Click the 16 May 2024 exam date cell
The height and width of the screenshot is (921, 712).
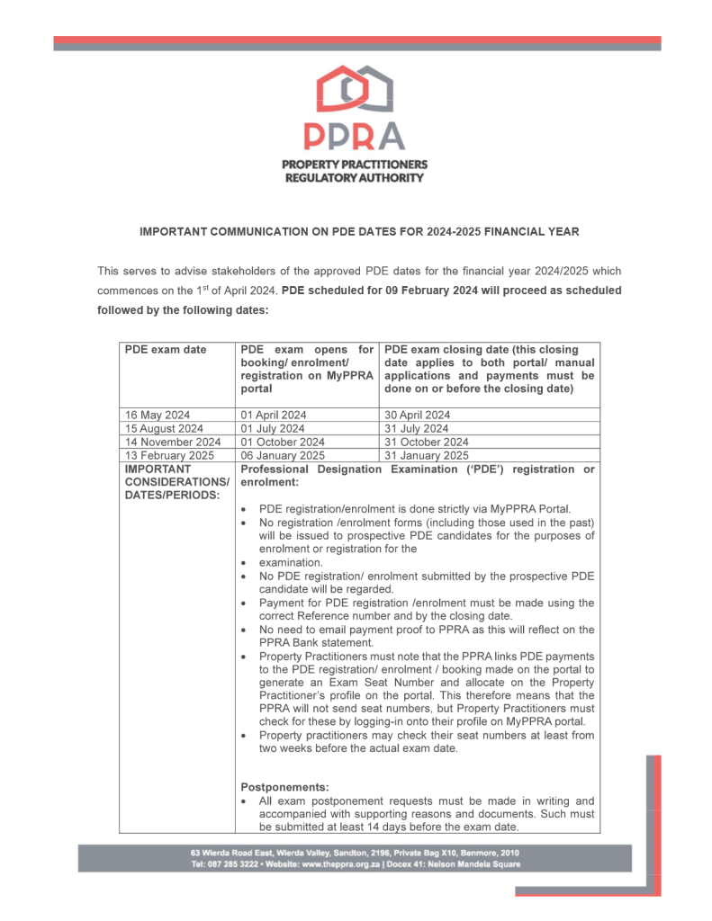(x=158, y=416)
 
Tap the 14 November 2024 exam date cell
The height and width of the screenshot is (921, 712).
(x=172, y=443)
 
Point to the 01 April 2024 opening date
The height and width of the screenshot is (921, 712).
(x=274, y=416)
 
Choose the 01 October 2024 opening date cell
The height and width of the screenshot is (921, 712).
(x=283, y=443)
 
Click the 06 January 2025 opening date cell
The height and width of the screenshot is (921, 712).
(x=282, y=456)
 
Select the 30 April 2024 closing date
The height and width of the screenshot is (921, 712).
(x=417, y=416)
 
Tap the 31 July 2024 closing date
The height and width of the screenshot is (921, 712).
(x=416, y=429)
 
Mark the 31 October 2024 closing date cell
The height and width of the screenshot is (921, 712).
(x=426, y=443)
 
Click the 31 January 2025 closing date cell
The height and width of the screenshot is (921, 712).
(x=426, y=456)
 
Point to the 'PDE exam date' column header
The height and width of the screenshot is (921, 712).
(x=165, y=350)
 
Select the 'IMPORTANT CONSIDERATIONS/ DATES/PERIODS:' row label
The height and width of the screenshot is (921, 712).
(x=176, y=482)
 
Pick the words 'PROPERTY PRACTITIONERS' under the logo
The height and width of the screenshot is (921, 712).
(x=355, y=165)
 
